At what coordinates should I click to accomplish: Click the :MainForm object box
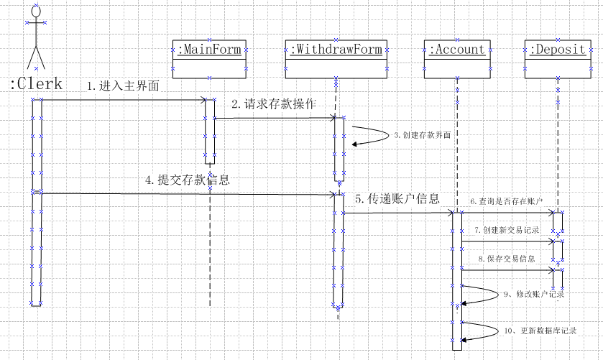pos(209,58)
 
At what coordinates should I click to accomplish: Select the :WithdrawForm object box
pos(336,58)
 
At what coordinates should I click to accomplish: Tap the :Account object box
pos(457,58)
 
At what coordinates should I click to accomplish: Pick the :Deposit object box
pos(557,58)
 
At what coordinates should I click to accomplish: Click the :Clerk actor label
pos(36,84)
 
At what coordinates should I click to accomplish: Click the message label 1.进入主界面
pos(122,86)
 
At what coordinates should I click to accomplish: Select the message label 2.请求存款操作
pos(273,104)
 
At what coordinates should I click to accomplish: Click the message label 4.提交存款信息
pos(187,180)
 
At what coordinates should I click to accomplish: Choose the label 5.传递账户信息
pos(397,199)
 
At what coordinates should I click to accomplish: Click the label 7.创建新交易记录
pos(506,230)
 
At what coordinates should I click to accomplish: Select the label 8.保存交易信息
pos(506,258)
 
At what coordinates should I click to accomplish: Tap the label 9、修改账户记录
pos(533,294)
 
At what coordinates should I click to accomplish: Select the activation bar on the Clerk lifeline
pos(37,201)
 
